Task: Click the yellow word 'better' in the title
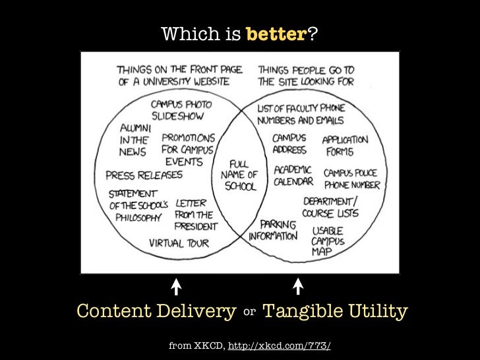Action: (x=276, y=34)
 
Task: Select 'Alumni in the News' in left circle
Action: (x=135, y=139)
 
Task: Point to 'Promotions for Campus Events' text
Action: (x=189, y=150)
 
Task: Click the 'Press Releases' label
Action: (x=144, y=175)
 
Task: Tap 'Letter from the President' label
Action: (x=194, y=214)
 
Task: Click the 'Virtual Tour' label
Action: (x=179, y=243)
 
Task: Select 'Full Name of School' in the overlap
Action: (x=239, y=175)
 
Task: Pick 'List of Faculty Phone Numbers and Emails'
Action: (x=301, y=115)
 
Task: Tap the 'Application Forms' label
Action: (x=345, y=146)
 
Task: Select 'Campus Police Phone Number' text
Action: (x=351, y=179)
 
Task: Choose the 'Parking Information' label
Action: (x=274, y=230)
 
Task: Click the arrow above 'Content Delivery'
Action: (x=176, y=286)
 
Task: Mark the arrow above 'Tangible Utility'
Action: (x=297, y=286)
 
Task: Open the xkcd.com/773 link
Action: (x=279, y=345)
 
